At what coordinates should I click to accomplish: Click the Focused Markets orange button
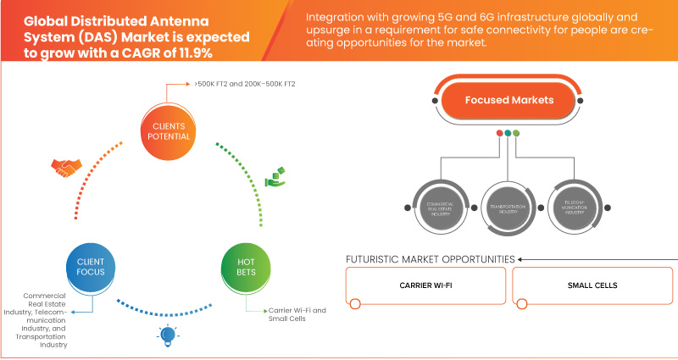(508, 100)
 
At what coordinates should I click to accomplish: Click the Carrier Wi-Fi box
(425, 285)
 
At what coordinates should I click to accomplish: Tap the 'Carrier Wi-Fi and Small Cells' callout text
(297, 315)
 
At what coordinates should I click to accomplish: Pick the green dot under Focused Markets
(517, 132)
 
